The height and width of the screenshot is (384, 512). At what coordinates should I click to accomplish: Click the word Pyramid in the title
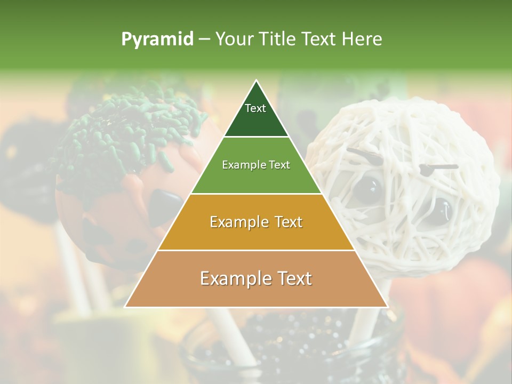point(157,39)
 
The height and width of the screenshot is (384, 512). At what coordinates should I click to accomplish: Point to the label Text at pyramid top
point(255,108)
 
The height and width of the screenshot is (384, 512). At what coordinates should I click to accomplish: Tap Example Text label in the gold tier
point(256,222)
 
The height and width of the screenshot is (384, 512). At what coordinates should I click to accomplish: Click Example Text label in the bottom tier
point(256,278)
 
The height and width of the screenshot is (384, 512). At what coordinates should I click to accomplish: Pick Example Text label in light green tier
point(256,165)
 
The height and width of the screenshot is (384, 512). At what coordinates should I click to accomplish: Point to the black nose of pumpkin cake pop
point(164,205)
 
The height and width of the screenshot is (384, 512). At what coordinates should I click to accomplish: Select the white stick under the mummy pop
point(368,320)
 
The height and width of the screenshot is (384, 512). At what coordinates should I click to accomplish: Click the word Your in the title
point(235,39)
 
